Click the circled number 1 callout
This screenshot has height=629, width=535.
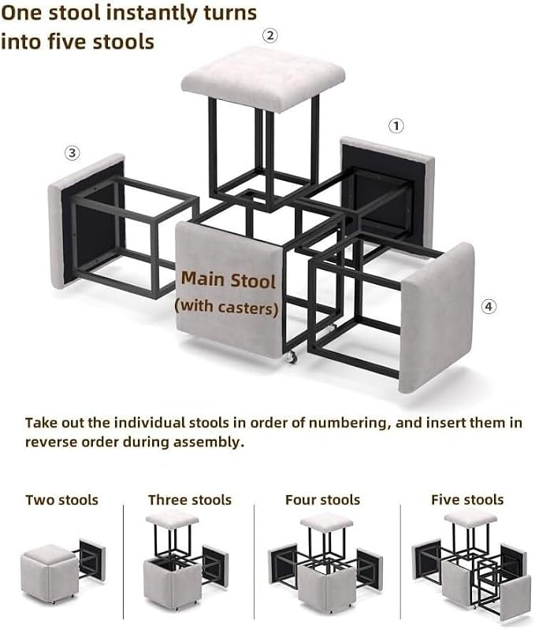click(x=396, y=126)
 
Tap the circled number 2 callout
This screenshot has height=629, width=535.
click(x=270, y=35)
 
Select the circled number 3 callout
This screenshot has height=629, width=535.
click(x=72, y=153)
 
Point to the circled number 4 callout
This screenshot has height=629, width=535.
click(x=489, y=307)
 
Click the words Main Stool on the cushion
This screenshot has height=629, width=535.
click(x=228, y=279)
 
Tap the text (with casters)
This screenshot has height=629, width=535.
click(x=226, y=307)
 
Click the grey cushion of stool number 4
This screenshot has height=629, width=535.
click(x=437, y=318)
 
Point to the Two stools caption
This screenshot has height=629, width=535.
click(x=61, y=500)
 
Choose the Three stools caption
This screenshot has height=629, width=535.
click(x=190, y=500)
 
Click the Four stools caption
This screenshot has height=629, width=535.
click(x=323, y=500)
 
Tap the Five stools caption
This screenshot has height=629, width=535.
click(x=467, y=500)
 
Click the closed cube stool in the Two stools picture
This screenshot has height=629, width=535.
click(x=48, y=572)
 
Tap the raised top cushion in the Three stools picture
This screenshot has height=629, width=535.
click(x=173, y=519)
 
